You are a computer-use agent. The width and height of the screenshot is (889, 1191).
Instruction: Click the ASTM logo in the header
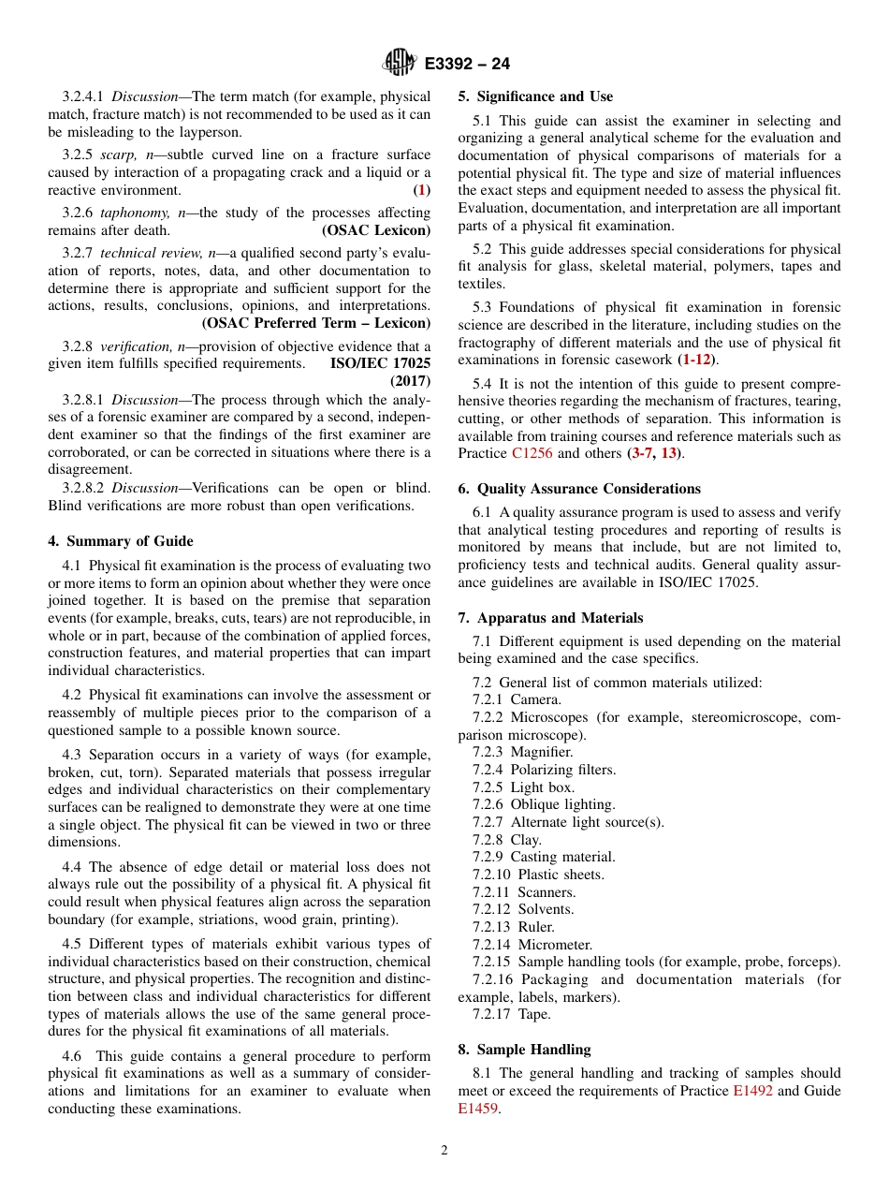(x=400, y=64)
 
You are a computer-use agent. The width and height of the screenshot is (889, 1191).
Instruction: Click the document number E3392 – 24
(x=467, y=65)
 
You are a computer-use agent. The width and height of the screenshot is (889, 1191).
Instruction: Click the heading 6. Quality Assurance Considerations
(x=579, y=489)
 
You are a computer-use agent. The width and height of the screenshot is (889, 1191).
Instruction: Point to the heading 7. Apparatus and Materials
(x=550, y=618)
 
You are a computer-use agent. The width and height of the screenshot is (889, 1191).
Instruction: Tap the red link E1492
(x=752, y=1091)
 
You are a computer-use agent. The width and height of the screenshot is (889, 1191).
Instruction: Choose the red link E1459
(x=477, y=1109)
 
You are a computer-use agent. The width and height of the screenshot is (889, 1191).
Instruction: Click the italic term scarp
(x=118, y=154)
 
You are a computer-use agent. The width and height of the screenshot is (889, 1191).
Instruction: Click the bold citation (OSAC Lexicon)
(x=376, y=230)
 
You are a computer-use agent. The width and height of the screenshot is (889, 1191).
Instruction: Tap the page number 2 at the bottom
(x=444, y=1151)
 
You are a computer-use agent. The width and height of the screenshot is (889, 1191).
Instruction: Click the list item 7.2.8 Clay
(x=506, y=840)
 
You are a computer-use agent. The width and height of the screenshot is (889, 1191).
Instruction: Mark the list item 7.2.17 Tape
(x=511, y=1014)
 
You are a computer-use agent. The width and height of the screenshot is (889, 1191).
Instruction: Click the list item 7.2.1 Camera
(x=517, y=699)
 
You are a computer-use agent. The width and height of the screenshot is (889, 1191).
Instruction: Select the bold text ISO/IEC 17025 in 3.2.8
(x=380, y=364)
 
